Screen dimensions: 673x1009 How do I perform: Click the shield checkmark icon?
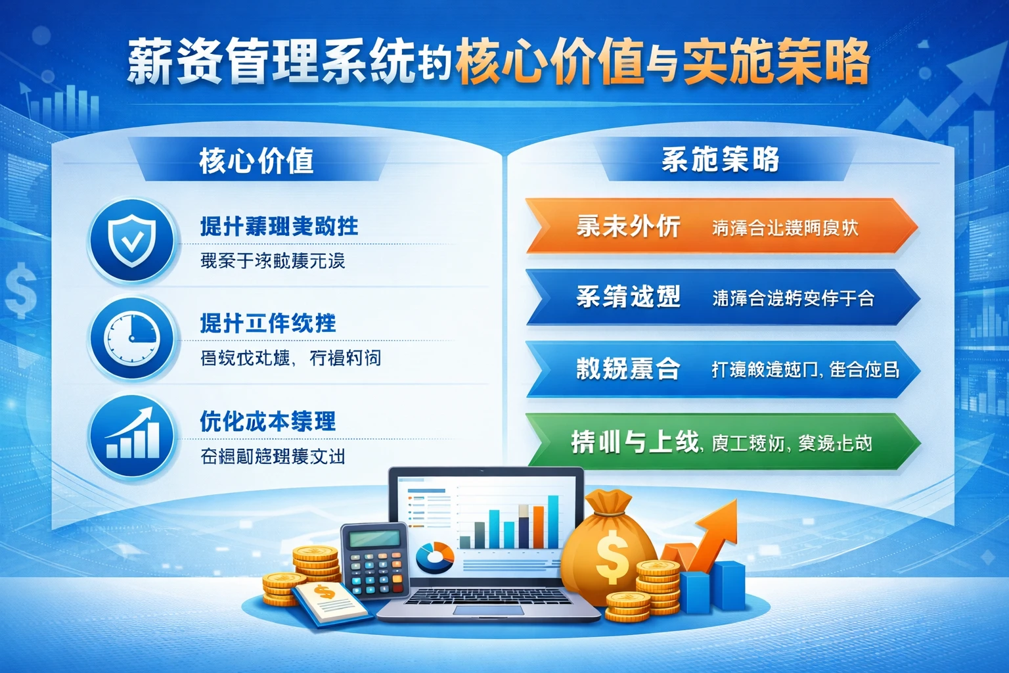point(132,241)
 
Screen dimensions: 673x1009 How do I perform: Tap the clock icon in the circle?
point(132,338)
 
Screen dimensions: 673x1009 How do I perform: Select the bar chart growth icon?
point(132,435)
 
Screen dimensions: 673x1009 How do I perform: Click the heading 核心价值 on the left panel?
point(256,160)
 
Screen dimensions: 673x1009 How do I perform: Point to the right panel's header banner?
point(720,160)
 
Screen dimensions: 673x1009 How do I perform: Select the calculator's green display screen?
point(374,540)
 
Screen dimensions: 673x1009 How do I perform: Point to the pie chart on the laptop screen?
point(434,557)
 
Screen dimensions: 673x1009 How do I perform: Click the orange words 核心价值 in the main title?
point(549,63)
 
